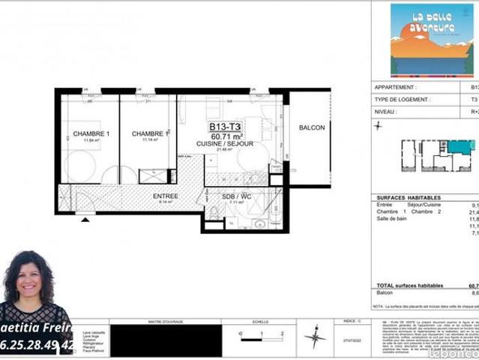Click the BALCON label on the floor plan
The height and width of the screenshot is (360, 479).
point(312,127)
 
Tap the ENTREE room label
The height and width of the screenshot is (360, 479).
point(165,196)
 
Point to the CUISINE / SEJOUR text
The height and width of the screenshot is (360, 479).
point(225,142)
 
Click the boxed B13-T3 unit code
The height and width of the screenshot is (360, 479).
point(225,126)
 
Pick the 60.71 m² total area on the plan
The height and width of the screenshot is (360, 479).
point(225,135)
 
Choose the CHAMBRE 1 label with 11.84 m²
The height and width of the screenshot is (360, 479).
point(91,134)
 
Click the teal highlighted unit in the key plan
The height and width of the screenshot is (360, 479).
point(460,146)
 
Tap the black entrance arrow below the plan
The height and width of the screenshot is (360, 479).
point(87,220)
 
